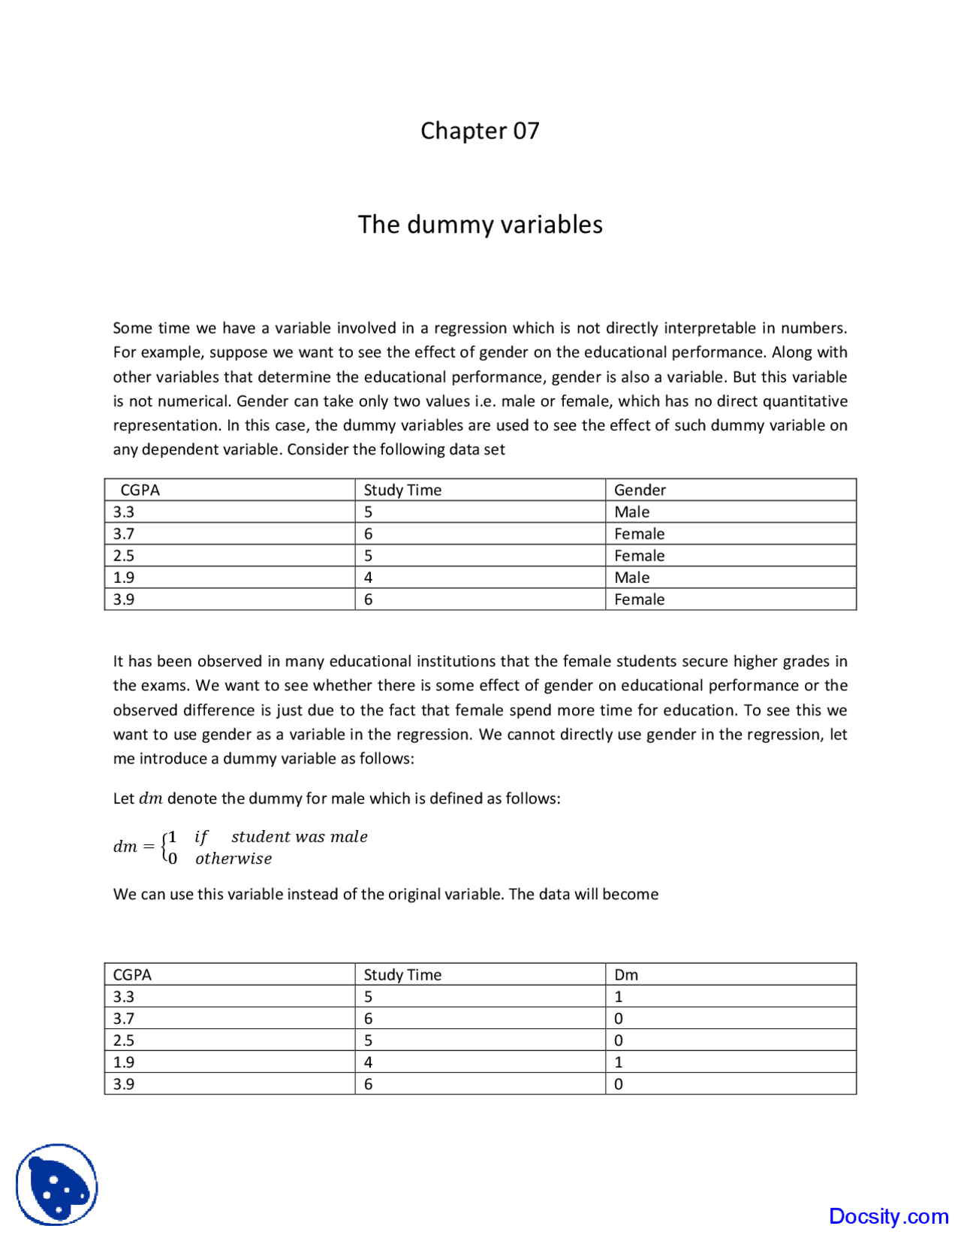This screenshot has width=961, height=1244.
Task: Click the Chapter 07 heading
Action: tap(480, 131)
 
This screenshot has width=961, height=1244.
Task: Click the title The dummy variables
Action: tap(480, 225)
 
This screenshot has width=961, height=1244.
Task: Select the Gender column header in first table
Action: tap(640, 490)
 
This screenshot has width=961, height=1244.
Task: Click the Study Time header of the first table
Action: tap(402, 490)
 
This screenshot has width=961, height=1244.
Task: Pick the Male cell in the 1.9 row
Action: tap(631, 578)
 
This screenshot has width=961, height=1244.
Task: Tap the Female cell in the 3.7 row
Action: tap(639, 534)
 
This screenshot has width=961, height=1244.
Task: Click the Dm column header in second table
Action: tap(626, 974)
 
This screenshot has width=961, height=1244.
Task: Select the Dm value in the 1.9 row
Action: tap(619, 1062)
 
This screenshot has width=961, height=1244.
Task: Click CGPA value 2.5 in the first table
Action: tap(124, 556)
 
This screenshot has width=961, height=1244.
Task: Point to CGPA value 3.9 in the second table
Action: tap(124, 1084)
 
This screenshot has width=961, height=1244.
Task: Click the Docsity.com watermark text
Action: tap(888, 1216)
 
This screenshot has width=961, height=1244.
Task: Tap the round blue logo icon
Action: tap(56, 1185)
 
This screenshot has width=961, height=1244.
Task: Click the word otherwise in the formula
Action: tap(233, 859)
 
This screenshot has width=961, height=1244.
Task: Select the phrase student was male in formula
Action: tap(299, 837)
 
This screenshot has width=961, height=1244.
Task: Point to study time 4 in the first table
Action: tap(368, 578)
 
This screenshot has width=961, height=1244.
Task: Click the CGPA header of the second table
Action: tap(132, 974)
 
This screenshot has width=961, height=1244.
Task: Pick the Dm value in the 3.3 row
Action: tap(619, 997)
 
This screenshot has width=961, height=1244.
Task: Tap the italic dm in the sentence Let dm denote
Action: tap(150, 799)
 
